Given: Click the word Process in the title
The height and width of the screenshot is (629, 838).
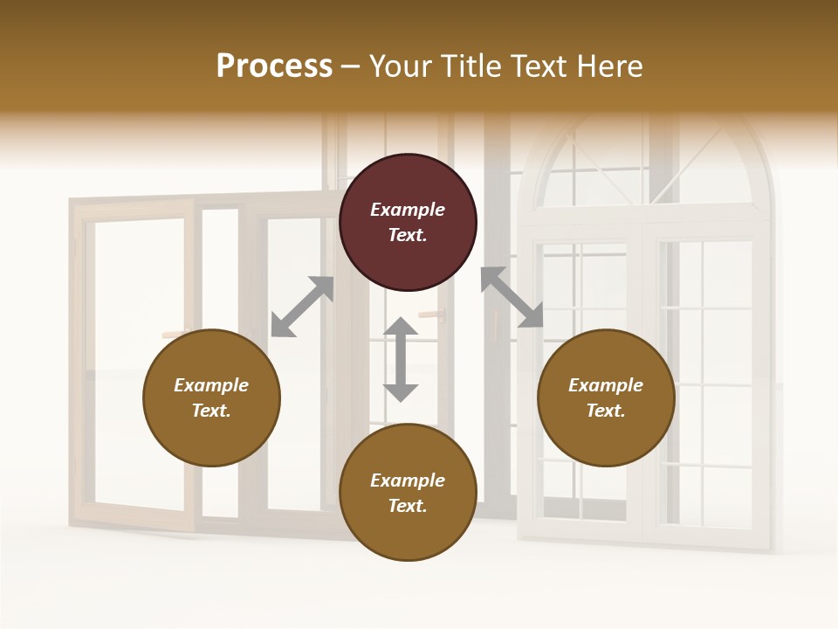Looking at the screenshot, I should point(274,66).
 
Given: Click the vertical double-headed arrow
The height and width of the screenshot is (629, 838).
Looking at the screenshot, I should point(401,359).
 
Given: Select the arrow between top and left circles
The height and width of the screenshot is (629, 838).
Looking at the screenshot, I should point(302,307).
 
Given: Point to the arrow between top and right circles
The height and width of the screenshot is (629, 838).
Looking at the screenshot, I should point(512,297).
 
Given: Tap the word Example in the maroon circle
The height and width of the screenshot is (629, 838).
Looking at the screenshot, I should point(408,210).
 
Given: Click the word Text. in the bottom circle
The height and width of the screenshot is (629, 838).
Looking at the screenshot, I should point(408,506).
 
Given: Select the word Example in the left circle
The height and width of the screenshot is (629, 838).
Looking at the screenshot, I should point(211,385).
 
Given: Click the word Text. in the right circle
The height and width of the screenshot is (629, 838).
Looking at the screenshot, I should point(606,411).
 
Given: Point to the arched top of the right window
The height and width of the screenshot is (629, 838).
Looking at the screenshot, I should point(646,162).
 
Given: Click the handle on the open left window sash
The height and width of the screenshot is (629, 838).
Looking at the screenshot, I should point(175,333).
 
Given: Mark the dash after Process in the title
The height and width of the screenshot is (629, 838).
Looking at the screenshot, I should point(351,66).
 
